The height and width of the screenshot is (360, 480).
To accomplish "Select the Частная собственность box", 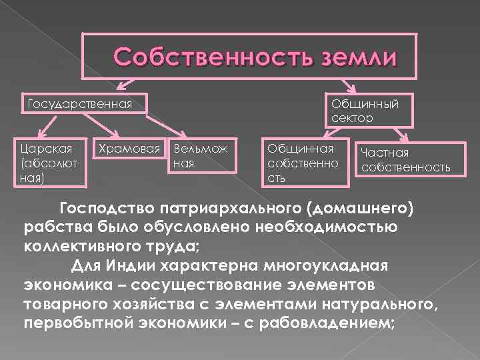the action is (x=405, y=160).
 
